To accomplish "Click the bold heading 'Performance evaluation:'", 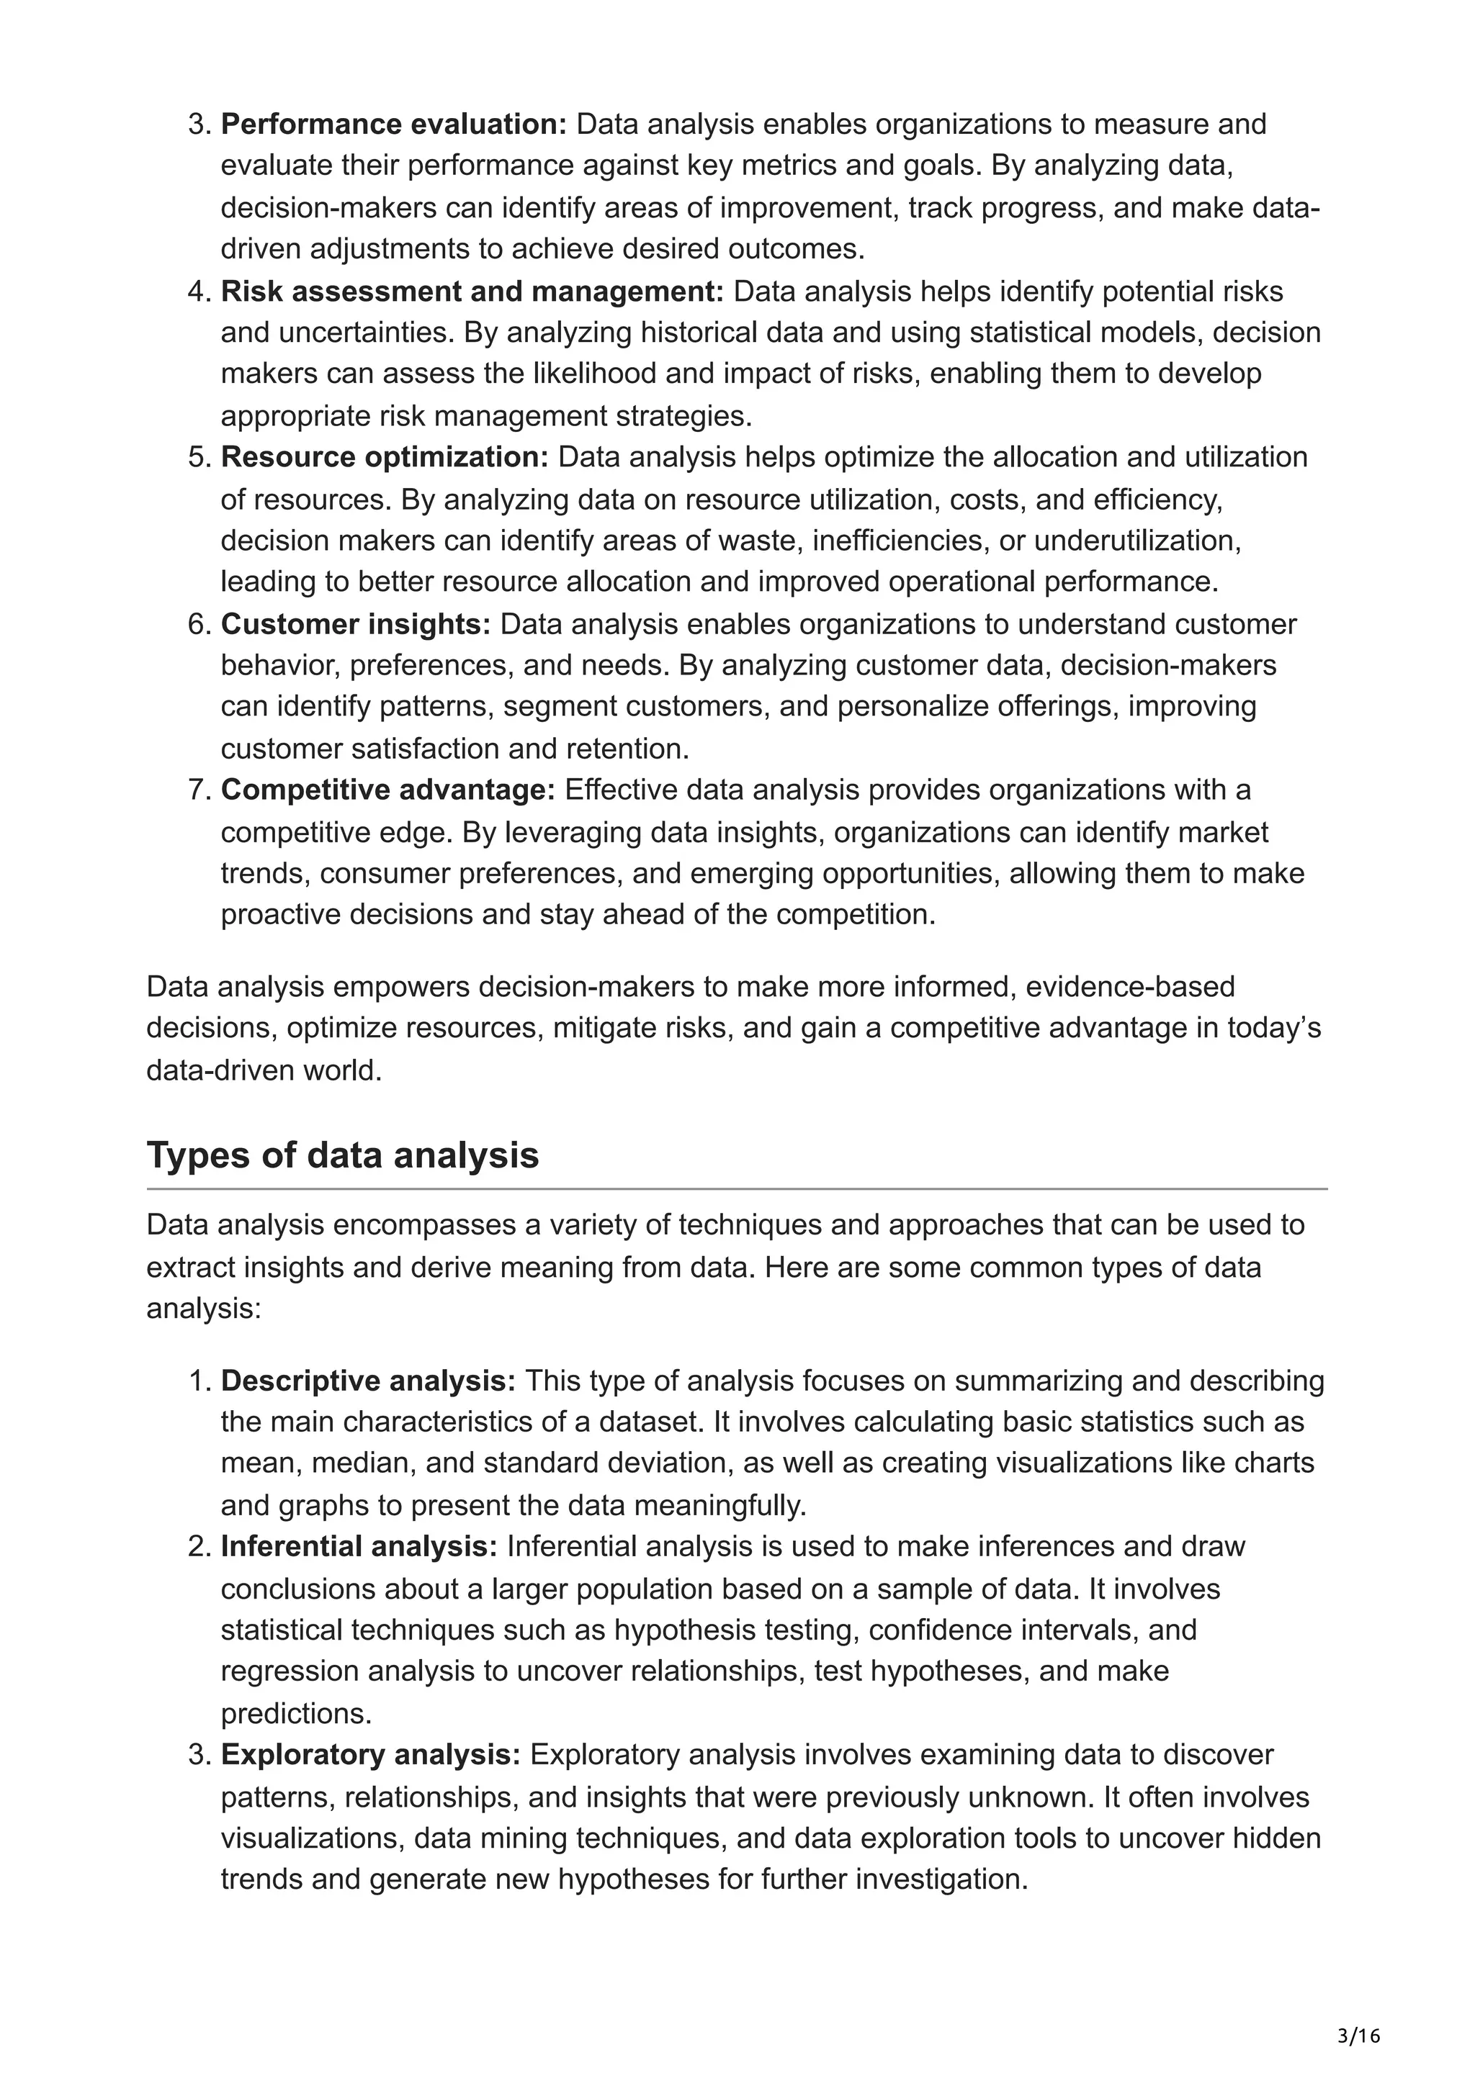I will (393, 124).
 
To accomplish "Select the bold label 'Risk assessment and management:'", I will (472, 292).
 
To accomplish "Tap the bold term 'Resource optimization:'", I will (385, 457).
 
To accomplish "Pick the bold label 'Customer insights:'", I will (355, 624).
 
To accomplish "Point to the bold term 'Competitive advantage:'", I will (388, 790).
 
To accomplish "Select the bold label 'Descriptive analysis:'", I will (368, 1381).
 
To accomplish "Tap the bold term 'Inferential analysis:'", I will (359, 1546).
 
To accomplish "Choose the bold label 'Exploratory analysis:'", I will (371, 1754).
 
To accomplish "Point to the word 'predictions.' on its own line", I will (296, 1713).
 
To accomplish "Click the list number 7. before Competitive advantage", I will (198, 790).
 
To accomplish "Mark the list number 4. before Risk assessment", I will (198, 292).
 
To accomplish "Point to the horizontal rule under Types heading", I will (736, 1188).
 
